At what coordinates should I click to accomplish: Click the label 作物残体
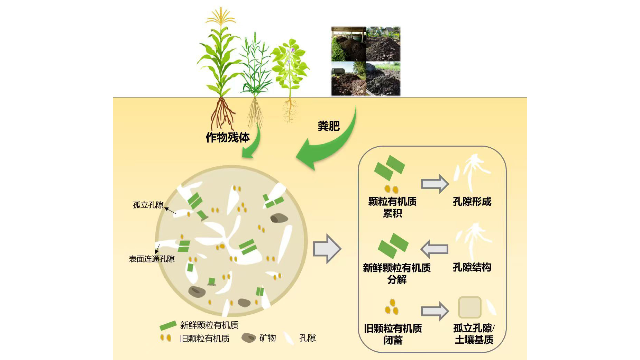(x=228, y=137)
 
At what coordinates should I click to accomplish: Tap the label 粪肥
(x=328, y=126)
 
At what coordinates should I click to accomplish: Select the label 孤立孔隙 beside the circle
(x=148, y=205)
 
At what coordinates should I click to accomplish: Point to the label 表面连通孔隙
(x=152, y=259)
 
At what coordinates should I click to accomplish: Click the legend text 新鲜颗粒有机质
(x=209, y=325)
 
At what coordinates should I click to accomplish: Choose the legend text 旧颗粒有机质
(x=204, y=339)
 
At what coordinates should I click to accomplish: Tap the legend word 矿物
(x=267, y=338)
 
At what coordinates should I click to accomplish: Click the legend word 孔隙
(x=308, y=338)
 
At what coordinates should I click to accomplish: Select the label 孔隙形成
(x=472, y=202)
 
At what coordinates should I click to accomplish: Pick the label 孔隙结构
(x=472, y=267)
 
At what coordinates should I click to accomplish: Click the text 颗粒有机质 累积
(x=392, y=207)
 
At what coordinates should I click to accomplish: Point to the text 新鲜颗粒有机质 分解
(x=397, y=273)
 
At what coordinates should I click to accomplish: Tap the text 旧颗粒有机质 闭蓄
(x=393, y=334)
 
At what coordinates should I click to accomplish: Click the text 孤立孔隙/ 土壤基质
(x=474, y=334)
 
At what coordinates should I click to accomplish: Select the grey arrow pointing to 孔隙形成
(x=435, y=184)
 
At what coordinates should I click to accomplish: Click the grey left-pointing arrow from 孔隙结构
(x=435, y=249)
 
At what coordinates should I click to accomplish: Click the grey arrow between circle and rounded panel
(x=327, y=249)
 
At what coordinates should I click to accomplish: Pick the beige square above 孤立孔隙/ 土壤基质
(x=469, y=307)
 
